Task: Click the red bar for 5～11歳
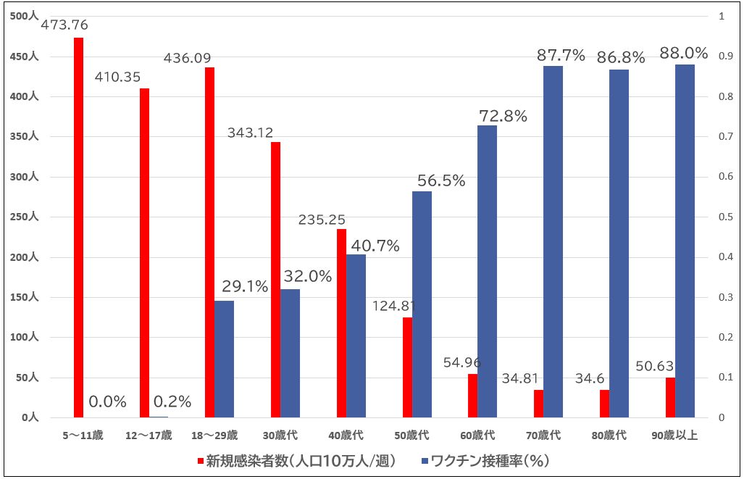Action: point(78,228)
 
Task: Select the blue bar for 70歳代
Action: point(553,242)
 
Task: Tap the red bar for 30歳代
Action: point(275,280)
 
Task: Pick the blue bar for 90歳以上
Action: point(685,241)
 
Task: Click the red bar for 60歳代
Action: point(473,396)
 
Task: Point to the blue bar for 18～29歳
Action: point(224,359)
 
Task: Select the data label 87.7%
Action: point(561,55)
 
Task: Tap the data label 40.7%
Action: point(375,246)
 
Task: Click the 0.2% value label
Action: point(172,401)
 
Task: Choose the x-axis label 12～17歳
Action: point(149,436)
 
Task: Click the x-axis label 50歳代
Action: point(411,436)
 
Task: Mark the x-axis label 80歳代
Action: point(610,436)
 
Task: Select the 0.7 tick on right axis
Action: point(722,137)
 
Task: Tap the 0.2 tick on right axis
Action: point(722,338)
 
